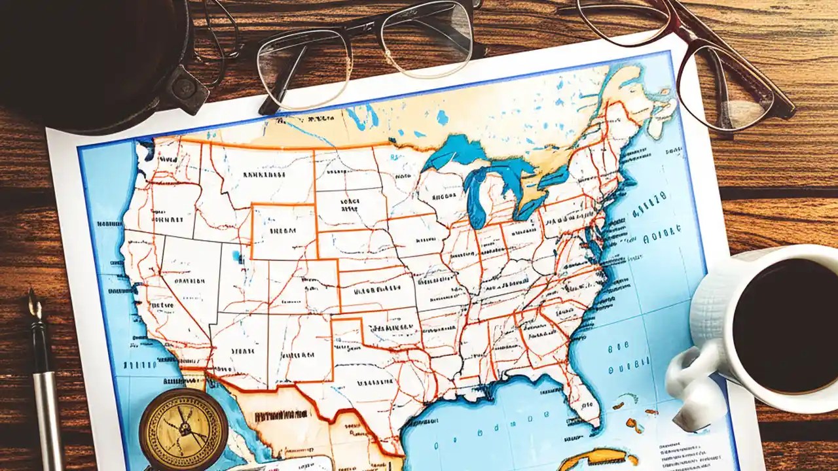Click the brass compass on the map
(x=183, y=429)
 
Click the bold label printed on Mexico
(x=282, y=415)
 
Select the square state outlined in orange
(x=283, y=231)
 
